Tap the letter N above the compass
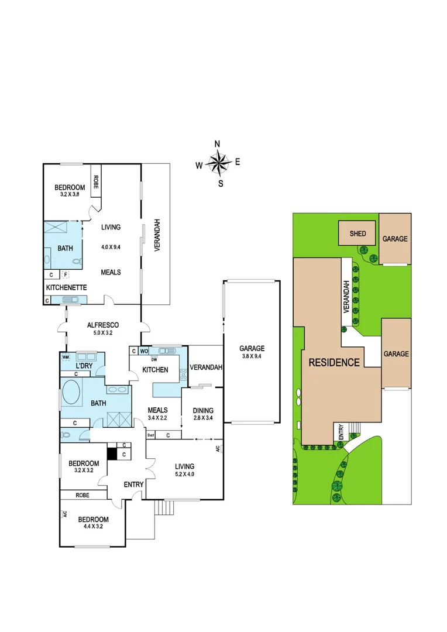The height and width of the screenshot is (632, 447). pyautogui.click(x=217, y=144)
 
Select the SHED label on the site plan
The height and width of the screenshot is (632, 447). pyautogui.click(x=357, y=233)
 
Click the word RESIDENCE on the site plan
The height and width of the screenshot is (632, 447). pyautogui.click(x=335, y=362)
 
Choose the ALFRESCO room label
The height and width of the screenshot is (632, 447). pyautogui.click(x=103, y=325)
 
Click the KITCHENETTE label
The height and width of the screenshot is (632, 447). pyautogui.click(x=67, y=287)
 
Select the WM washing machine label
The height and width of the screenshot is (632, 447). pyautogui.click(x=66, y=356)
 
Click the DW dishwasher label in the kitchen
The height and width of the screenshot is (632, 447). pyautogui.click(x=154, y=359)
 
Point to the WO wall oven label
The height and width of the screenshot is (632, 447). pyautogui.click(x=144, y=351)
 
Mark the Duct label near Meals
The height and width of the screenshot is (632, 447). pyautogui.click(x=150, y=435)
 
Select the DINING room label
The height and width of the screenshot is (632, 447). pyautogui.click(x=202, y=410)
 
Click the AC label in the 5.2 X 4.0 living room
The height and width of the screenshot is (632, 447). pyautogui.click(x=218, y=448)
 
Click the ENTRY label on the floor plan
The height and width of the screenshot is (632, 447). pyautogui.click(x=133, y=485)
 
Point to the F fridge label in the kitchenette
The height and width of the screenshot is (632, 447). pyautogui.click(x=66, y=274)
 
